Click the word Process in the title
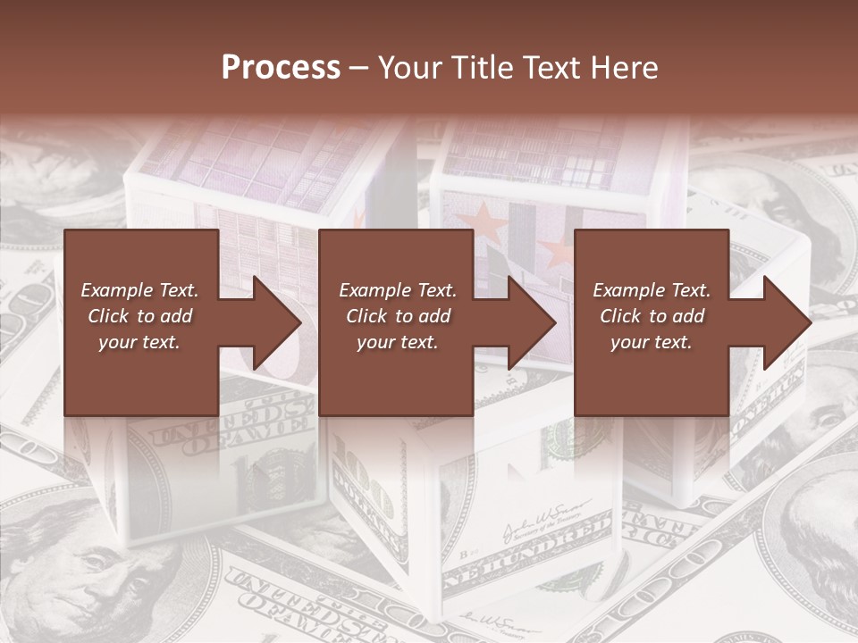[x=281, y=68]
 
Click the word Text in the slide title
[x=551, y=68]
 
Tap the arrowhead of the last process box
[x=786, y=322]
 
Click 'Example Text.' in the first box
[x=140, y=290]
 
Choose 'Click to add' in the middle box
[x=398, y=316]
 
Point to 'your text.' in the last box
[x=652, y=342]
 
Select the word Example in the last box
[x=628, y=290]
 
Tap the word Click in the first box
[x=109, y=316]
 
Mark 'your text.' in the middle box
[x=398, y=342]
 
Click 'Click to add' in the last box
[x=652, y=316]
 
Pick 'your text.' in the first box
[x=140, y=342]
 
